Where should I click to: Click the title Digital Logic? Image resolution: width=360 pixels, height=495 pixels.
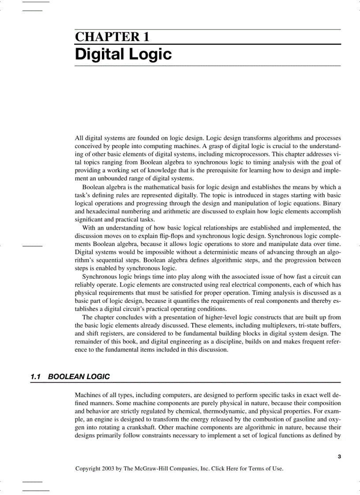tap(123, 55)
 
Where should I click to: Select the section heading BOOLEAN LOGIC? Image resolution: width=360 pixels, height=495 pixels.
tap(79, 376)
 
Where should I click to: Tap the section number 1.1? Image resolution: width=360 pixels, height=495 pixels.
tap(36, 376)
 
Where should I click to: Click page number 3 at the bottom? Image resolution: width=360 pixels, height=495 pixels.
tap(339, 457)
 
